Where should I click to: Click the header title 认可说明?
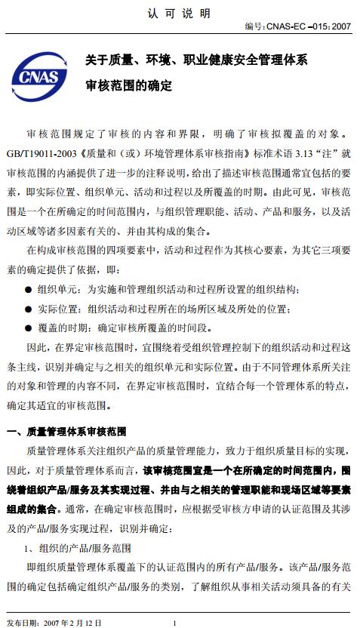point(179,14)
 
